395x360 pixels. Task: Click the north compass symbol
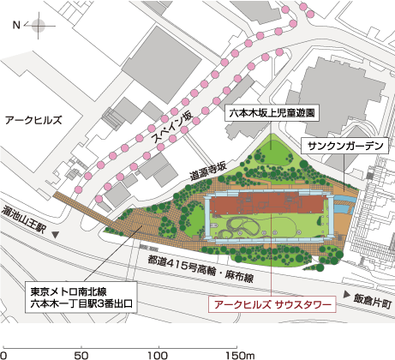coord(39,27)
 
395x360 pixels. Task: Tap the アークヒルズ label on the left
coord(34,122)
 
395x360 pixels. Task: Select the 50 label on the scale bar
coord(83,352)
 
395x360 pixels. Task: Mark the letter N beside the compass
coord(15,27)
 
